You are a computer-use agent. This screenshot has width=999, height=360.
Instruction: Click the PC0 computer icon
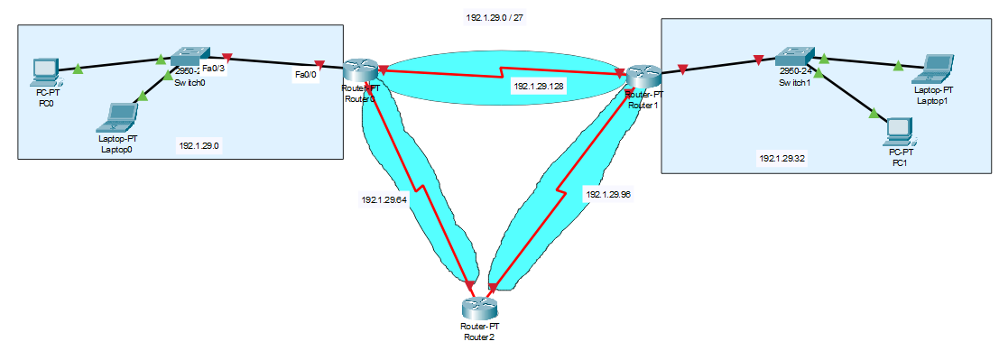pyautogui.click(x=42, y=71)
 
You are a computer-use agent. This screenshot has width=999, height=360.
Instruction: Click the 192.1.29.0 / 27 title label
pyautogui.click(x=495, y=18)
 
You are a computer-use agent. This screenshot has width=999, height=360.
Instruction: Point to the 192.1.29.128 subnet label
pyautogui.click(x=538, y=87)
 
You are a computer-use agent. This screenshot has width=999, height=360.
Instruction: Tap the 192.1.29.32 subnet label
pyautogui.click(x=782, y=158)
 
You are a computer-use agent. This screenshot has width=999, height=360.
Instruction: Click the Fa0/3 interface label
pyautogui.click(x=214, y=69)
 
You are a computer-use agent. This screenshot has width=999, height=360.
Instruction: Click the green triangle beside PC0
pyautogui.click(x=78, y=67)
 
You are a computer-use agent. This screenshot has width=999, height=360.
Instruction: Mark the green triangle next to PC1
pyautogui.click(x=873, y=114)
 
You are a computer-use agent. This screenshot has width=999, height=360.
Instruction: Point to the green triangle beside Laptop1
pyautogui.click(x=898, y=65)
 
